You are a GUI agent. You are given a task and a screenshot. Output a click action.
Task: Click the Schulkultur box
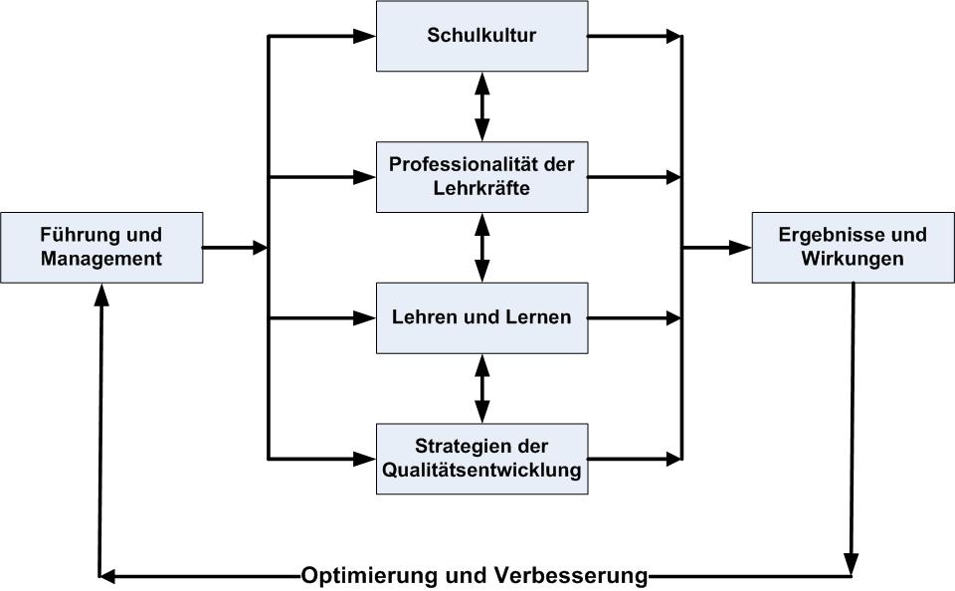481,37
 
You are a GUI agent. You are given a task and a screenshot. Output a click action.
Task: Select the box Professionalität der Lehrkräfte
481,177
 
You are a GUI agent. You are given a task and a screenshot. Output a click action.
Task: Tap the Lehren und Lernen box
481,318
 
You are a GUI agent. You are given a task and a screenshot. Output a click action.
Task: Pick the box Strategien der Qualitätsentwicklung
481,459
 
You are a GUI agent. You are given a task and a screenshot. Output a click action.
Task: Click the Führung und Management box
101,247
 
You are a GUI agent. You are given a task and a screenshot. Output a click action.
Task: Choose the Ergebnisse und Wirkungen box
853,247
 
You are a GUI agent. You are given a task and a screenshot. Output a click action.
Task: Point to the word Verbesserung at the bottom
570,576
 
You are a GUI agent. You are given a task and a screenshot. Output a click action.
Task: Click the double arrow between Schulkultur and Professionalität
482,106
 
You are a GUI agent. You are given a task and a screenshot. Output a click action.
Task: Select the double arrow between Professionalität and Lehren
482,248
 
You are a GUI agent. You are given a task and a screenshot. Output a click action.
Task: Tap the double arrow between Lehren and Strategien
482,388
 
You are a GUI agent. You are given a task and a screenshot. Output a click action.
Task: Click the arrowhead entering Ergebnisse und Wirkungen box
740,248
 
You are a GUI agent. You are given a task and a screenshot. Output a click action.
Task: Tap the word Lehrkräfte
481,187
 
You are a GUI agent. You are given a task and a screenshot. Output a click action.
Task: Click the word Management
101,259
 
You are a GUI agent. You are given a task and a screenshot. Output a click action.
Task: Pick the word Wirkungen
853,259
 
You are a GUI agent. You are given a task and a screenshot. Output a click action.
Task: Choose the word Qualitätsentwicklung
481,470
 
